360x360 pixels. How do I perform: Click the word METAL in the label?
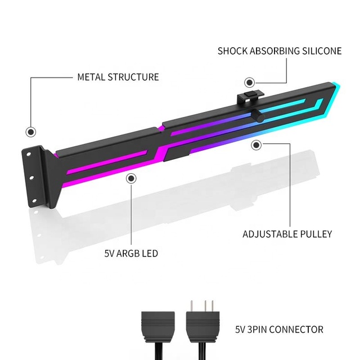(x=91, y=77)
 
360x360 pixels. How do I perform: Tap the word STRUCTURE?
(x=133, y=77)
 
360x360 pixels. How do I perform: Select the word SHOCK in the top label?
(x=232, y=51)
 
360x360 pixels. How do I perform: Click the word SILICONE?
(x=322, y=51)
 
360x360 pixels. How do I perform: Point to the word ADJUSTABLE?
(x=267, y=234)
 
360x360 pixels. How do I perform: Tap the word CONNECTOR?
(x=296, y=330)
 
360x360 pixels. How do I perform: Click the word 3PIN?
(x=257, y=330)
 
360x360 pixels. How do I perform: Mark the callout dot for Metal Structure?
(x=31, y=132)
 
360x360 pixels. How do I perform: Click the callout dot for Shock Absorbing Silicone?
(x=250, y=83)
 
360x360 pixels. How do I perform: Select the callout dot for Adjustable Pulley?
(x=256, y=145)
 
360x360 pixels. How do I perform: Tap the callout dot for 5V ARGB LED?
(x=131, y=178)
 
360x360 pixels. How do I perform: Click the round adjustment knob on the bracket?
(x=258, y=116)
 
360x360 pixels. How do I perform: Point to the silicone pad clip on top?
(x=250, y=97)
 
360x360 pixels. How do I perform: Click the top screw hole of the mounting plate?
(x=29, y=154)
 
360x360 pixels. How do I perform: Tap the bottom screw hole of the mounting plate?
(x=34, y=201)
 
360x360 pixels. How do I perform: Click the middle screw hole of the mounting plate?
(x=31, y=178)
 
